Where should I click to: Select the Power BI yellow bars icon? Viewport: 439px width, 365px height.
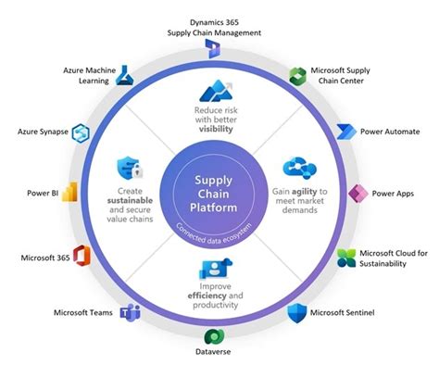click(68, 194)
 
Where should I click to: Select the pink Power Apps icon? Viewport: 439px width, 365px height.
click(357, 195)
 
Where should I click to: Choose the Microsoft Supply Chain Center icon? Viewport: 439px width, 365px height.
click(297, 77)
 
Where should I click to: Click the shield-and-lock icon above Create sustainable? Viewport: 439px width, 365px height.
click(128, 168)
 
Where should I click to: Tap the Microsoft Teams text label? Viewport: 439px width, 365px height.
click(83, 313)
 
